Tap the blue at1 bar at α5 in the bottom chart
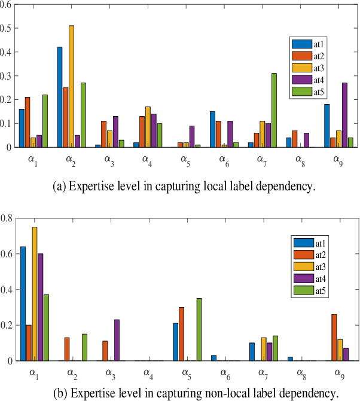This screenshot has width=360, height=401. [x=176, y=342]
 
